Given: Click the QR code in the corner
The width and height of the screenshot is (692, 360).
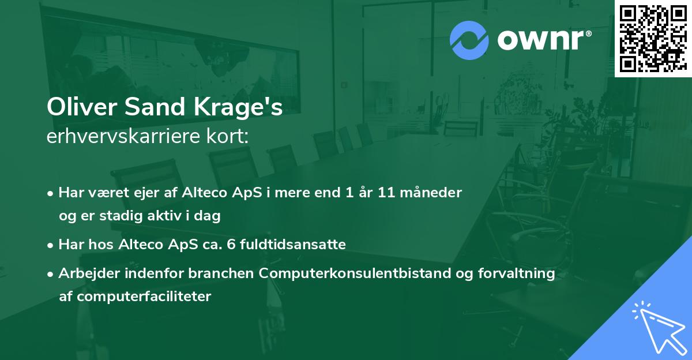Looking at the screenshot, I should [653, 39].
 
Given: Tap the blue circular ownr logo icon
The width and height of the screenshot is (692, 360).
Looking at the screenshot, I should [469, 40].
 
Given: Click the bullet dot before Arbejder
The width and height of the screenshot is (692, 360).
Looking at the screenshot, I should [51, 273].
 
